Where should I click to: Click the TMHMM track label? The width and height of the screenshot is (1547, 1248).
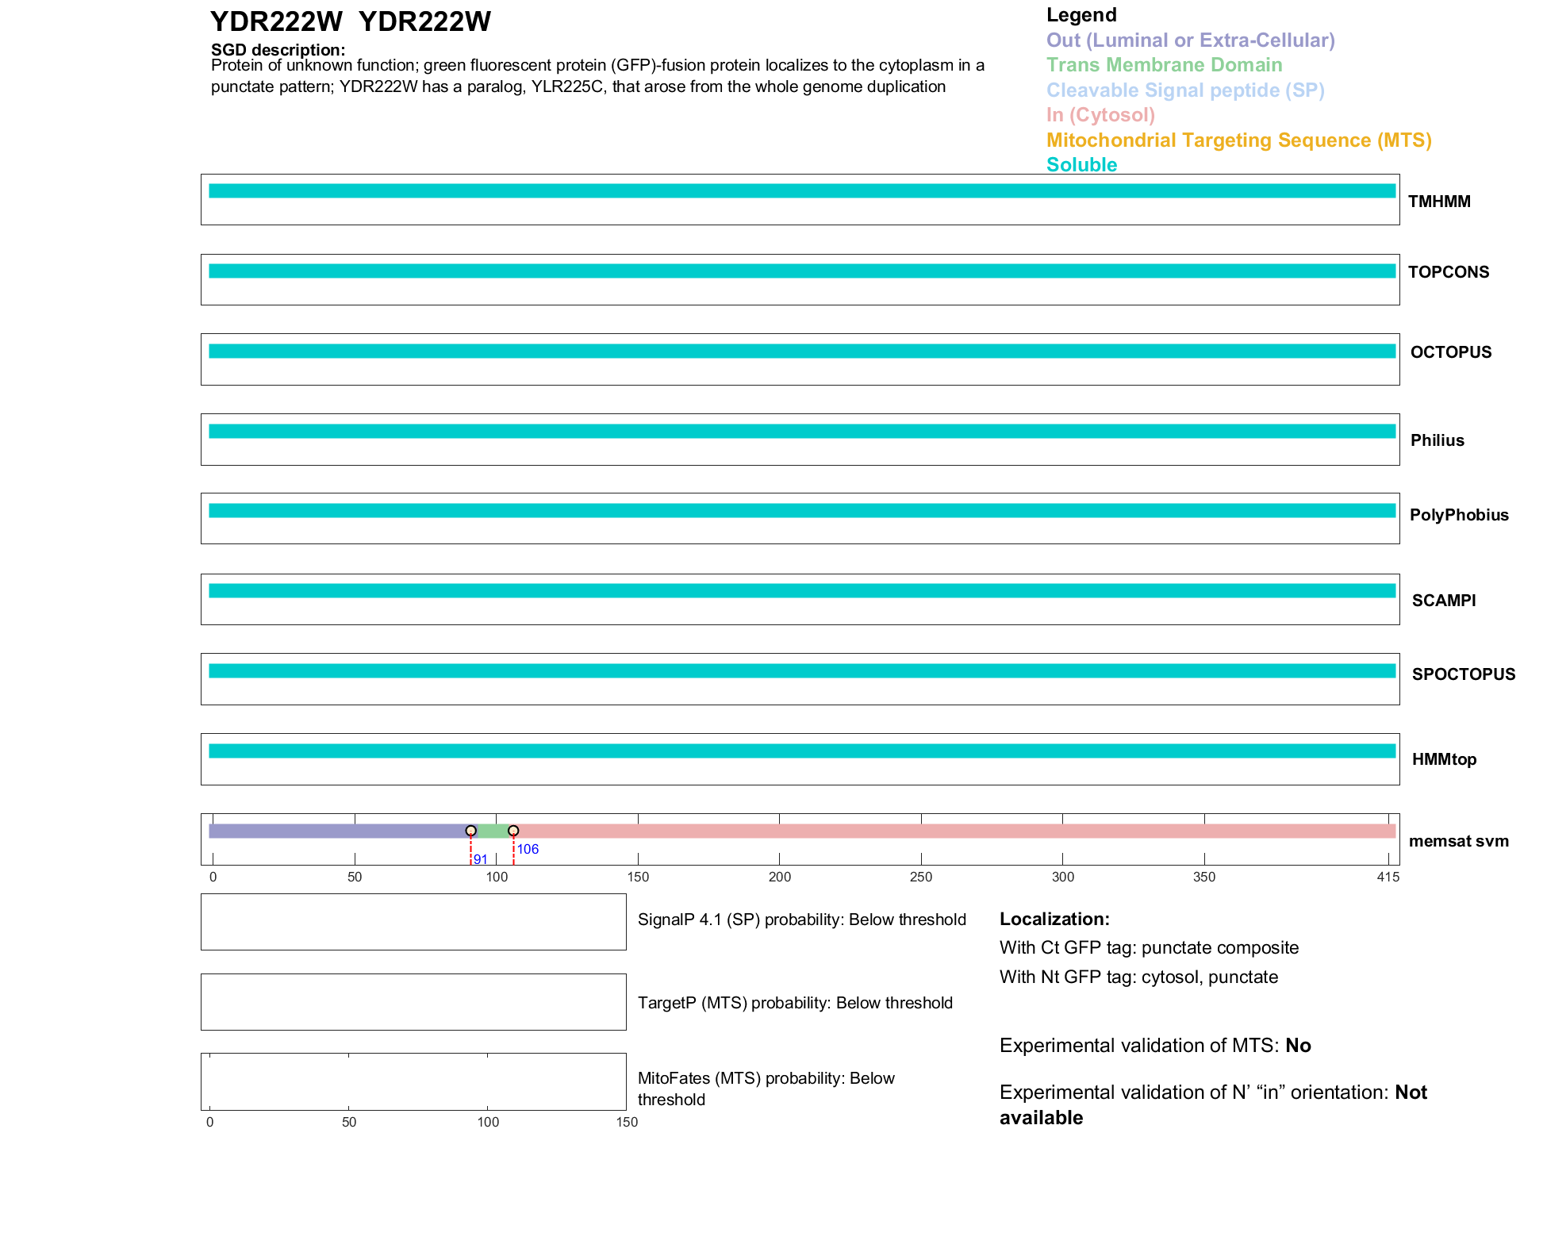click(x=1438, y=202)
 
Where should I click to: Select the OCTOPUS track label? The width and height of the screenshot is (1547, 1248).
click(x=1450, y=352)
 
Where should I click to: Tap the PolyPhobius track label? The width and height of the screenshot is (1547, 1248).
click(x=1458, y=515)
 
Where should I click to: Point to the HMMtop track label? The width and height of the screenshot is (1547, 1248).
click(x=1444, y=759)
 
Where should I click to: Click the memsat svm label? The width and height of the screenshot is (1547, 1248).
click(x=1458, y=841)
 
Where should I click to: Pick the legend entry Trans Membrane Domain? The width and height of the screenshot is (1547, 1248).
click(x=1164, y=65)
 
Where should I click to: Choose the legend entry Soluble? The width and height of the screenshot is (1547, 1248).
click(x=1081, y=165)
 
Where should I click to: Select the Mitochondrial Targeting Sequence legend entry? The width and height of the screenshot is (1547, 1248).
click(x=1238, y=140)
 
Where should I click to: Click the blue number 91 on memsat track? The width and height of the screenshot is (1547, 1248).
click(x=480, y=859)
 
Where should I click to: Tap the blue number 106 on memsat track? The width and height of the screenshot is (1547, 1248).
click(x=528, y=849)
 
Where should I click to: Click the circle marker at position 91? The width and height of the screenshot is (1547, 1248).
click(x=470, y=831)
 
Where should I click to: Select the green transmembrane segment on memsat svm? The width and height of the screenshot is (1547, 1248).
click(x=492, y=831)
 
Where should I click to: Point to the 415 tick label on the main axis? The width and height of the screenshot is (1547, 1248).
click(x=1388, y=877)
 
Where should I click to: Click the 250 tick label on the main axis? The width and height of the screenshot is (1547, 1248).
click(x=920, y=877)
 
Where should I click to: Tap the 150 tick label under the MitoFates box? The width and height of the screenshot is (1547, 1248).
click(x=627, y=1122)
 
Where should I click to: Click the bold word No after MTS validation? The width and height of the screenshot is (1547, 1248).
click(x=1298, y=1046)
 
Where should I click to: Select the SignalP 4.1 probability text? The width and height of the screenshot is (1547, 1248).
click(x=801, y=920)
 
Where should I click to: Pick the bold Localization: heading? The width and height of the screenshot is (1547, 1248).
click(x=1054, y=919)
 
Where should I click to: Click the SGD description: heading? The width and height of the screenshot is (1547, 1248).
click(x=278, y=50)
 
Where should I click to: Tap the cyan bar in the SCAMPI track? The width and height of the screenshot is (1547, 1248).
click(x=801, y=590)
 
